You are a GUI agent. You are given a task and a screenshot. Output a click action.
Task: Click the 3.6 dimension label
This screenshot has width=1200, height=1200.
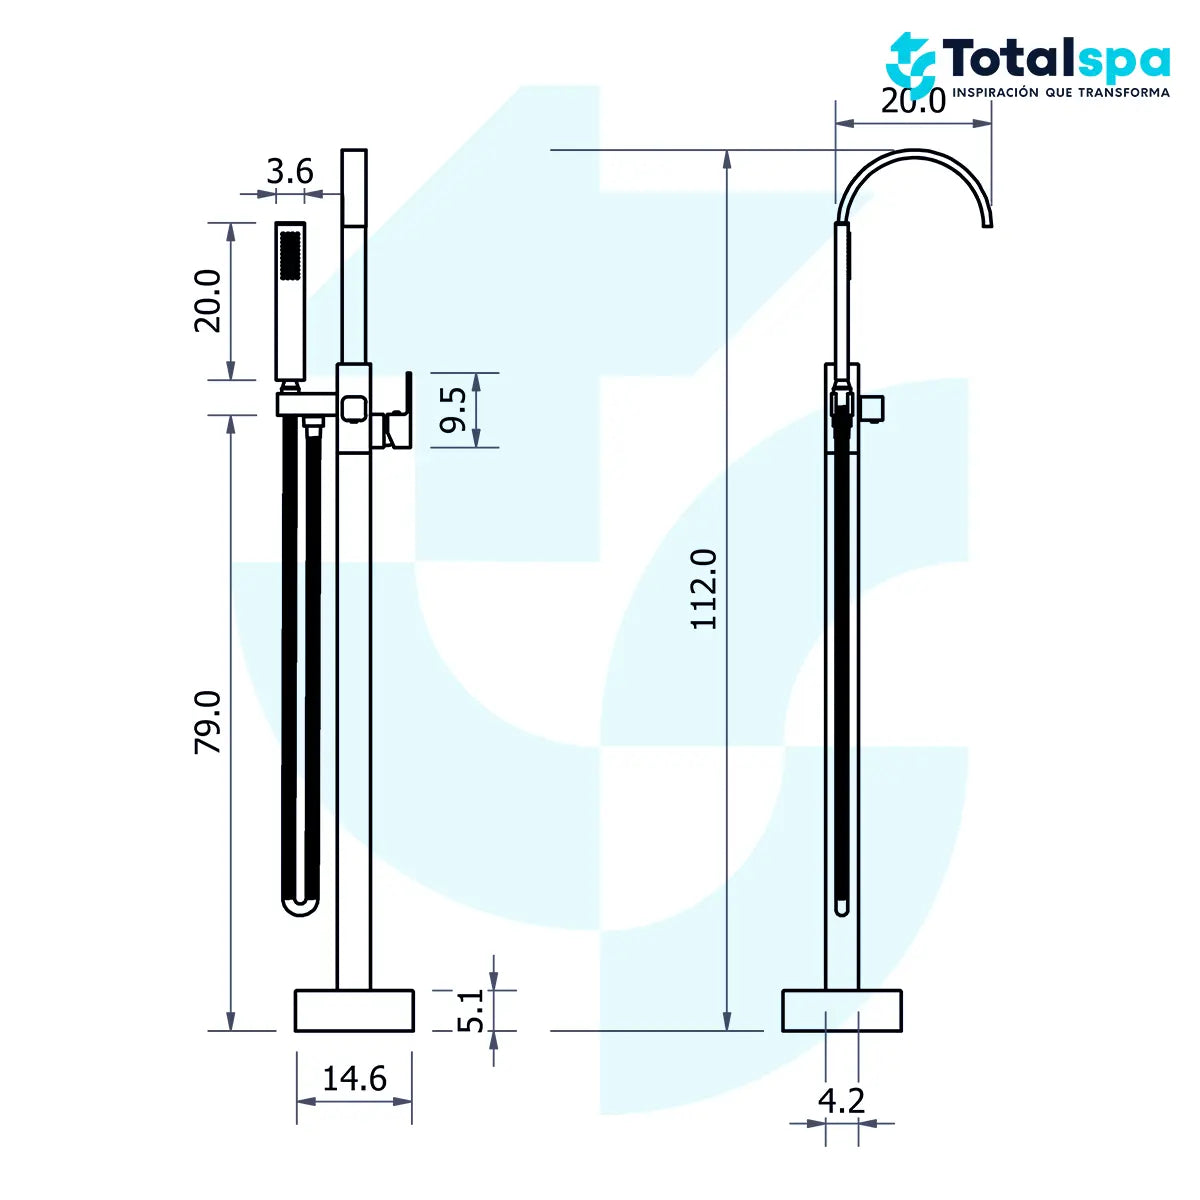(290, 172)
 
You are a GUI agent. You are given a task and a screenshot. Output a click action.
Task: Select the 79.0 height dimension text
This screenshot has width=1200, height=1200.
(208, 722)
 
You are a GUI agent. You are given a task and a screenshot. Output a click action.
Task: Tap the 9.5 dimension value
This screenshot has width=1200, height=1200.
(454, 410)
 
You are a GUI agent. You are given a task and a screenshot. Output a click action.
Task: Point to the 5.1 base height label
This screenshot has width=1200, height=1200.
(471, 1010)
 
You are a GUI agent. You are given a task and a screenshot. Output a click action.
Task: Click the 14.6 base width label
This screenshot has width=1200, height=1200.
(354, 1078)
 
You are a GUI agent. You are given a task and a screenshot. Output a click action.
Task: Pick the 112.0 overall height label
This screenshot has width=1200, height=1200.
(704, 589)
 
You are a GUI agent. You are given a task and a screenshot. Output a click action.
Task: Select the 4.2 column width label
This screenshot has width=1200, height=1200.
(841, 1100)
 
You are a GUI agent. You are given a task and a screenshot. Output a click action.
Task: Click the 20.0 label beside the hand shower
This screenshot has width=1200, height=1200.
(208, 300)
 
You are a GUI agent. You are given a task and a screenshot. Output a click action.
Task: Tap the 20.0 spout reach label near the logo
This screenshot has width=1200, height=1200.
(913, 101)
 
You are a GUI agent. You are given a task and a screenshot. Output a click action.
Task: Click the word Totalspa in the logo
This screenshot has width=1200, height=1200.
(1056, 60)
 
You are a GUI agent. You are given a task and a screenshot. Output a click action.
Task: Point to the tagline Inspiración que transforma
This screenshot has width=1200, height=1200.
(1060, 92)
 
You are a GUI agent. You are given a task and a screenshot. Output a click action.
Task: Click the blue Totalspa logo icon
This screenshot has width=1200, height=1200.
(910, 62)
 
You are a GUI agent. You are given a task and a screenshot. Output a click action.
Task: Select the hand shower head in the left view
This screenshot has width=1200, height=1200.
(291, 300)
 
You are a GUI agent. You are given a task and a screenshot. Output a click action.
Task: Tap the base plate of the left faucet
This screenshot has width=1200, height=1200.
(354, 1010)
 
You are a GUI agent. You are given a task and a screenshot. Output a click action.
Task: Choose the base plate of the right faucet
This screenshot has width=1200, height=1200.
(841, 1010)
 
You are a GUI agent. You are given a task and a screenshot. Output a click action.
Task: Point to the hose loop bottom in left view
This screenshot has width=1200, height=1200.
(299, 905)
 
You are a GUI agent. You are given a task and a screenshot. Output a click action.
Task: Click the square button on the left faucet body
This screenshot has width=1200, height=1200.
(353, 408)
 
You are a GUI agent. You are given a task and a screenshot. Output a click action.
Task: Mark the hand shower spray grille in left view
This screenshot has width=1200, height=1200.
(291, 255)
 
